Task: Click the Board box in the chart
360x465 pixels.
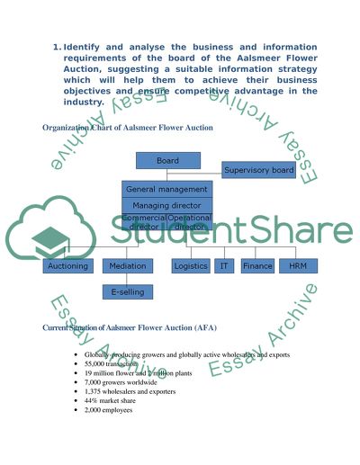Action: pos(167,160)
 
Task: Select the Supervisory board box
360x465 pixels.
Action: pos(258,170)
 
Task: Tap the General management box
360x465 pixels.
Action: pos(167,189)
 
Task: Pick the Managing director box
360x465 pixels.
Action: pos(167,205)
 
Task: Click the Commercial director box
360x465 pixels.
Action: pos(144,222)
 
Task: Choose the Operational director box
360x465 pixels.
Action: pos(190,222)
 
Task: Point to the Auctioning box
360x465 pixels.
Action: pos(67,266)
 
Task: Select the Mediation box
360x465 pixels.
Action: pos(128,266)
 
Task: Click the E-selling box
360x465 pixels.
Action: pos(128,291)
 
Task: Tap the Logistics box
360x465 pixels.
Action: pos(191,266)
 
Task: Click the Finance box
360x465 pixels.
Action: pos(257,266)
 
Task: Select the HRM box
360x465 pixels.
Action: pos(298,266)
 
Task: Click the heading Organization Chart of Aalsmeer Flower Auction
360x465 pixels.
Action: pos(128,128)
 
